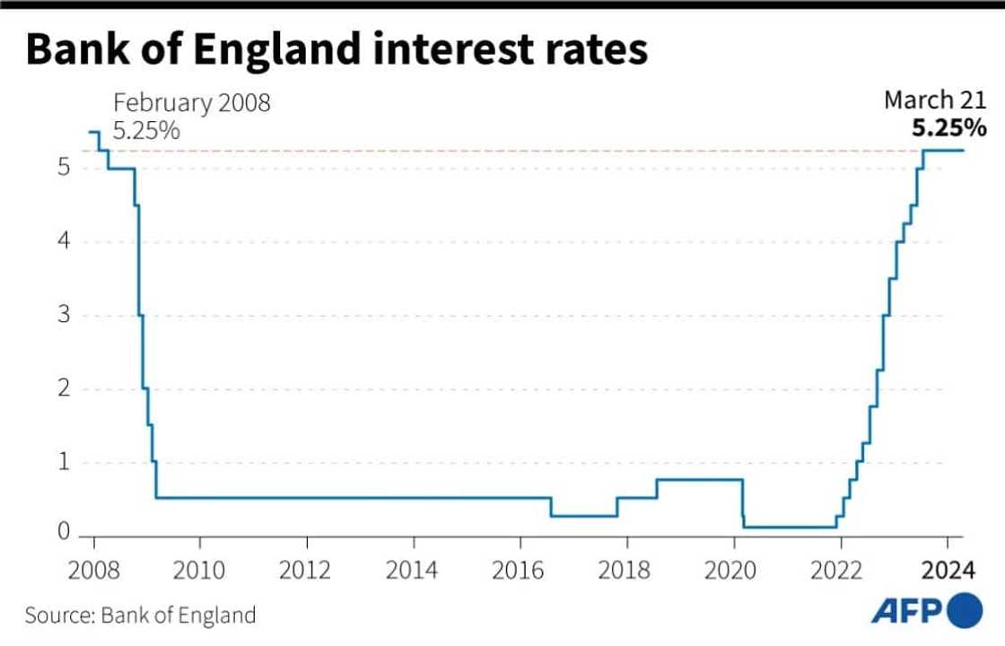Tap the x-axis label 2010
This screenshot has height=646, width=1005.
point(200,572)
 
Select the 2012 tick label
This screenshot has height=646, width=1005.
point(307,572)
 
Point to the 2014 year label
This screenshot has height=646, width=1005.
point(414,572)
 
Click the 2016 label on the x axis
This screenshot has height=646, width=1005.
point(520,572)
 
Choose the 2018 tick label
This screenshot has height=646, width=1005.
point(627,572)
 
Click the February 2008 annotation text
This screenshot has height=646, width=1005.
point(191,103)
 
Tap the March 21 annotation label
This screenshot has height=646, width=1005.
point(935,100)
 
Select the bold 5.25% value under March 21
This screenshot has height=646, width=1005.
point(949,128)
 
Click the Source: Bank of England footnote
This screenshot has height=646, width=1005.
point(140,615)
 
